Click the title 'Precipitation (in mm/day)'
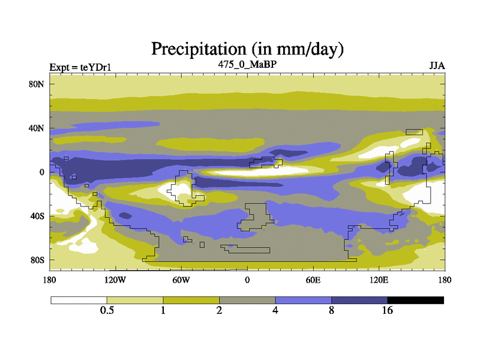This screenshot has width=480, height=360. (247, 47)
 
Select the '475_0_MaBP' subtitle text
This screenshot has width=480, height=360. (247, 64)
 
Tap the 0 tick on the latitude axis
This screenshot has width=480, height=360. (43, 172)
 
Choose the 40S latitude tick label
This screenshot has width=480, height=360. (38, 216)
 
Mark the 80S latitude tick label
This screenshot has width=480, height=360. (38, 260)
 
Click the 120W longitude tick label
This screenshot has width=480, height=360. (115, 280)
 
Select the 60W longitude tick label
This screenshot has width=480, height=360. (181, 280)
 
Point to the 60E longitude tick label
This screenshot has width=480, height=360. (313, 280)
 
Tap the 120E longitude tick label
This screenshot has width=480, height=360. (379, 280)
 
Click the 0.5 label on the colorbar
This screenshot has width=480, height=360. (107, 310)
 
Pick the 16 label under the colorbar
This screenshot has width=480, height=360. (388, 310)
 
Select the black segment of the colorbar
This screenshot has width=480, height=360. (416, 299)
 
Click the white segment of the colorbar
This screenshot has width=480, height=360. (79, 299)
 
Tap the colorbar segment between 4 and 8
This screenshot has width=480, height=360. (303, 299)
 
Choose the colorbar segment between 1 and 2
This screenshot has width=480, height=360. (191, 299)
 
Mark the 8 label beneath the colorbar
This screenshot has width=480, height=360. (331, 310)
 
